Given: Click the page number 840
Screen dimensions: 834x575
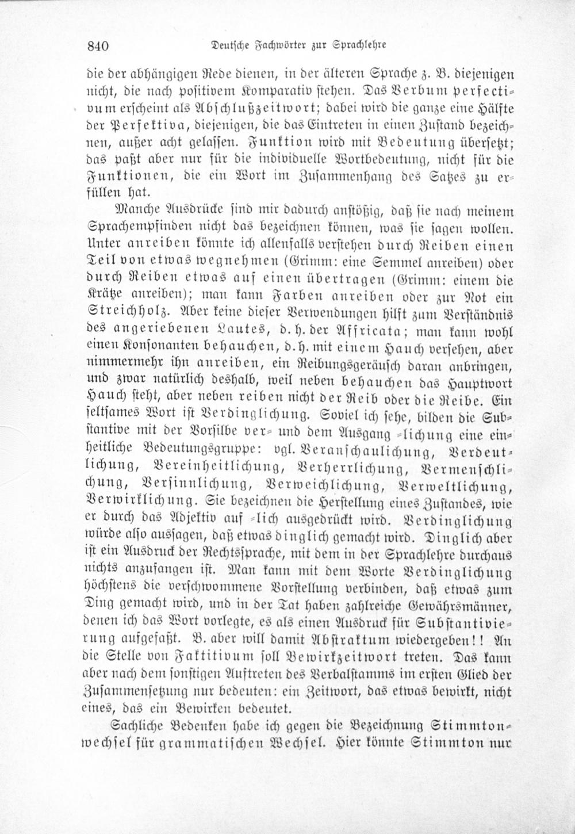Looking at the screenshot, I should point(99,45).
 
